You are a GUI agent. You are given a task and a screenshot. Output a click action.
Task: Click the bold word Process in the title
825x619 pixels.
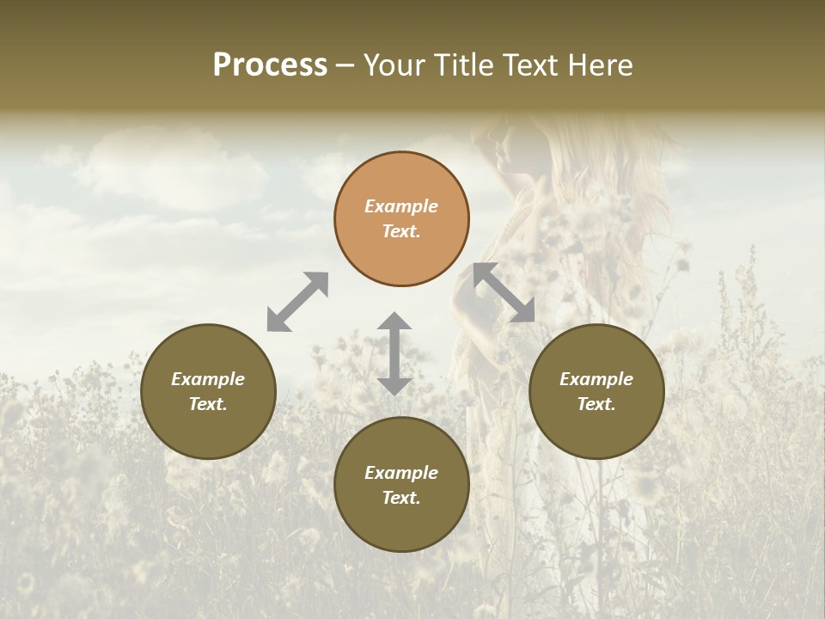click(x=270, y=65)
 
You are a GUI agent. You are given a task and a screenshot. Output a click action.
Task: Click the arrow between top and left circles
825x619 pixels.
click(x=297, y=301)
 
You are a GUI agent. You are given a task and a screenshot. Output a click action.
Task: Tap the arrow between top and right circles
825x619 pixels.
click(x=504, y=292)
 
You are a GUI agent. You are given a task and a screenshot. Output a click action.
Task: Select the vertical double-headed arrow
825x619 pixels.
click(x=394, y=353)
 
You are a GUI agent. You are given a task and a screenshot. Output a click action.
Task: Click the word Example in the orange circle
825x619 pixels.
click(x=401, y=206)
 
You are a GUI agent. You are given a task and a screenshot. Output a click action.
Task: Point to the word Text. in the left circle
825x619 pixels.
click(x=208, y=405)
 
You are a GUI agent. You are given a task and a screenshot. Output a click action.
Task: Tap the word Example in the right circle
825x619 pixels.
click(x=596, y=379)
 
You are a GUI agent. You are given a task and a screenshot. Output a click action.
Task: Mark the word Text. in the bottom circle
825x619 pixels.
click(x=401, y=498)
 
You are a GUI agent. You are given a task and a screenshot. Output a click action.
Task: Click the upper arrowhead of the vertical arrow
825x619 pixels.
click(x=394, y=322)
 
